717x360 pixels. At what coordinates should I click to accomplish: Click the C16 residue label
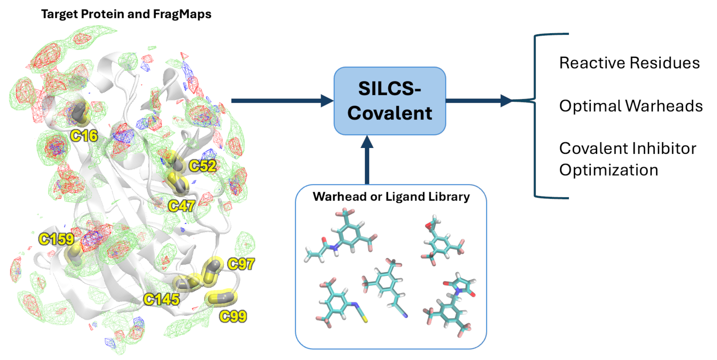[84, 136]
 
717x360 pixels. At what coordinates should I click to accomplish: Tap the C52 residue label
[203, 166]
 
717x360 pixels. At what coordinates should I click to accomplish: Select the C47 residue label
[181, 206]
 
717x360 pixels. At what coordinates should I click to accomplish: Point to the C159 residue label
[56, 239]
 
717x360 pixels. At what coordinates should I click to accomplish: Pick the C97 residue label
[241, 264]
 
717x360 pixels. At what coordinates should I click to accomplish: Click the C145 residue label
[162, 300]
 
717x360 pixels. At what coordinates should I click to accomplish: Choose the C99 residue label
[233, 317]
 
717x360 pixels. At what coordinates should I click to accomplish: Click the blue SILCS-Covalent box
[390, 101]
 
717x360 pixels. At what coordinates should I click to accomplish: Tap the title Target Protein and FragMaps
[126, 14]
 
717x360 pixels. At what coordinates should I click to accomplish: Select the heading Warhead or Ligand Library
[391, 196]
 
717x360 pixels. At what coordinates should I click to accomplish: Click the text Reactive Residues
[630, 63]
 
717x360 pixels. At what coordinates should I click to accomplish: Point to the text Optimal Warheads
[631, 106]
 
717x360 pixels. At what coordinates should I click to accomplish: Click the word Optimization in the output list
[609, 170]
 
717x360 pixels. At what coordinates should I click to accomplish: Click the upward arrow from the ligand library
[367, 160]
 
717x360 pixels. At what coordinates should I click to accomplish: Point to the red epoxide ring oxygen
[428, 225]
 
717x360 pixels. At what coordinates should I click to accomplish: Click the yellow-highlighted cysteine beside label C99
[221, 298]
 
